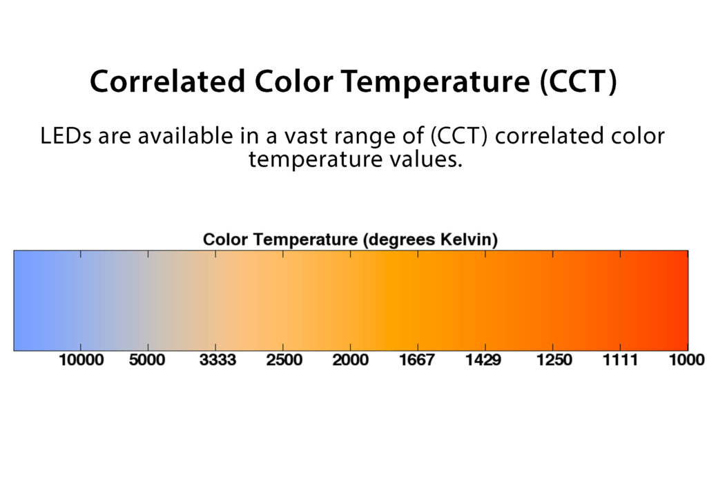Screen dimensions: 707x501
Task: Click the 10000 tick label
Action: pos(81,360)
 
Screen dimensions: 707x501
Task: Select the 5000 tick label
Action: pos(147,360)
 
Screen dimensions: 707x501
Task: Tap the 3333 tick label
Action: pos(217,360)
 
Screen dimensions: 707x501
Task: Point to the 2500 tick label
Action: pos(284,360)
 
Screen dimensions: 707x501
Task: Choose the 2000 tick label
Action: pos(350,360)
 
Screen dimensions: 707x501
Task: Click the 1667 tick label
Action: pos(416,360)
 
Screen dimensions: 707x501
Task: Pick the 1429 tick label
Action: pos(483,360)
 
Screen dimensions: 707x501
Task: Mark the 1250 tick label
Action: pos(554,360)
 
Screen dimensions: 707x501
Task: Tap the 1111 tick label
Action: pos(621,360)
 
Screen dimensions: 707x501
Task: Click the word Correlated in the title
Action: pos(167,81)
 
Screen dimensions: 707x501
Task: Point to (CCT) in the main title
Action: pos(579,81)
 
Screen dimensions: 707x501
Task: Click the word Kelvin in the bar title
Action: pos(469,239)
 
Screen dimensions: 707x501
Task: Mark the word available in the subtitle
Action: pos(185,136)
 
